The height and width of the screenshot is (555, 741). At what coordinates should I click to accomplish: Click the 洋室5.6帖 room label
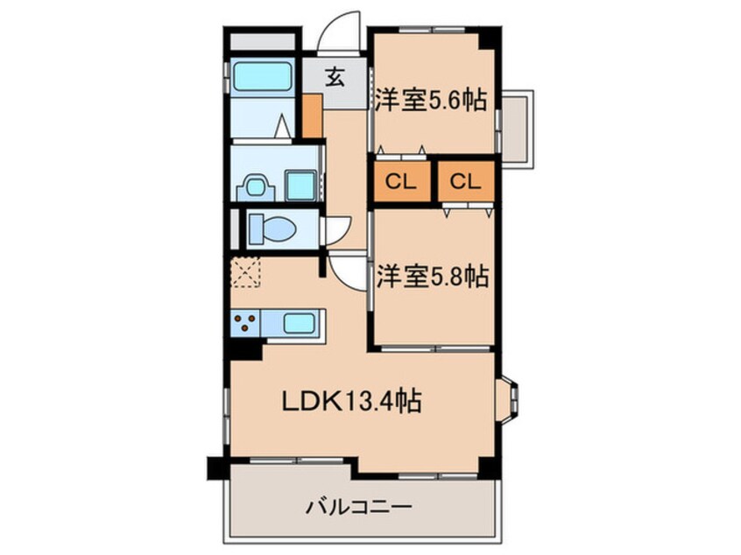[x=431, y=100]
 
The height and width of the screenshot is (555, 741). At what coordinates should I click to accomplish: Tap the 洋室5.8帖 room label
[x=432, y=277]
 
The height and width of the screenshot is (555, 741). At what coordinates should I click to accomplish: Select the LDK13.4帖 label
[x=351, y=402]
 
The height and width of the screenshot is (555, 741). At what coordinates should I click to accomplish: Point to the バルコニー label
[x=359, y=508]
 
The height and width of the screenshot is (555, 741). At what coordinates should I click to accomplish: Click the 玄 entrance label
[x=335, y=77]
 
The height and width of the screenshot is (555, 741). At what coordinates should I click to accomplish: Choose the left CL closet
[x=402, y=181]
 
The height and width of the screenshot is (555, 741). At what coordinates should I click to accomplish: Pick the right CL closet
[x=466, y=181]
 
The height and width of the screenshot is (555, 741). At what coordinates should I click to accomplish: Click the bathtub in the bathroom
[x=262, y=77]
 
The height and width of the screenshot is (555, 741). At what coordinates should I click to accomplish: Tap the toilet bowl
[x=272, y=230]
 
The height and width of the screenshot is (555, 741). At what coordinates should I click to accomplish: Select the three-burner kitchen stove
[x=246, y=323]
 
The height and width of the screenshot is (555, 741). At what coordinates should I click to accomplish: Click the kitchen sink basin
[x=300, y=324]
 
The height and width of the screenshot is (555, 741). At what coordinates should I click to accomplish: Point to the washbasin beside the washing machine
[x=255, y=187]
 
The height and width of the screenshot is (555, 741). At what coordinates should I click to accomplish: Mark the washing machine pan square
[x=300, y=186]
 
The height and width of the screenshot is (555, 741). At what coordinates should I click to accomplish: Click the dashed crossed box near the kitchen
[x=245, y=272]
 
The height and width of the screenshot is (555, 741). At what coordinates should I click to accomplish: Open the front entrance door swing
[x=339, y=31]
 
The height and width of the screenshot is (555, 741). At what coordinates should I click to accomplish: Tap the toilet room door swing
[x=336, y=230]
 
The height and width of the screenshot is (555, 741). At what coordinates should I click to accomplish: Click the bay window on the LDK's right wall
[x=508, y=397]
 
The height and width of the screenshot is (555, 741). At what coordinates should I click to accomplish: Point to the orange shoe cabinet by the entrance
[x=313, y=116]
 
